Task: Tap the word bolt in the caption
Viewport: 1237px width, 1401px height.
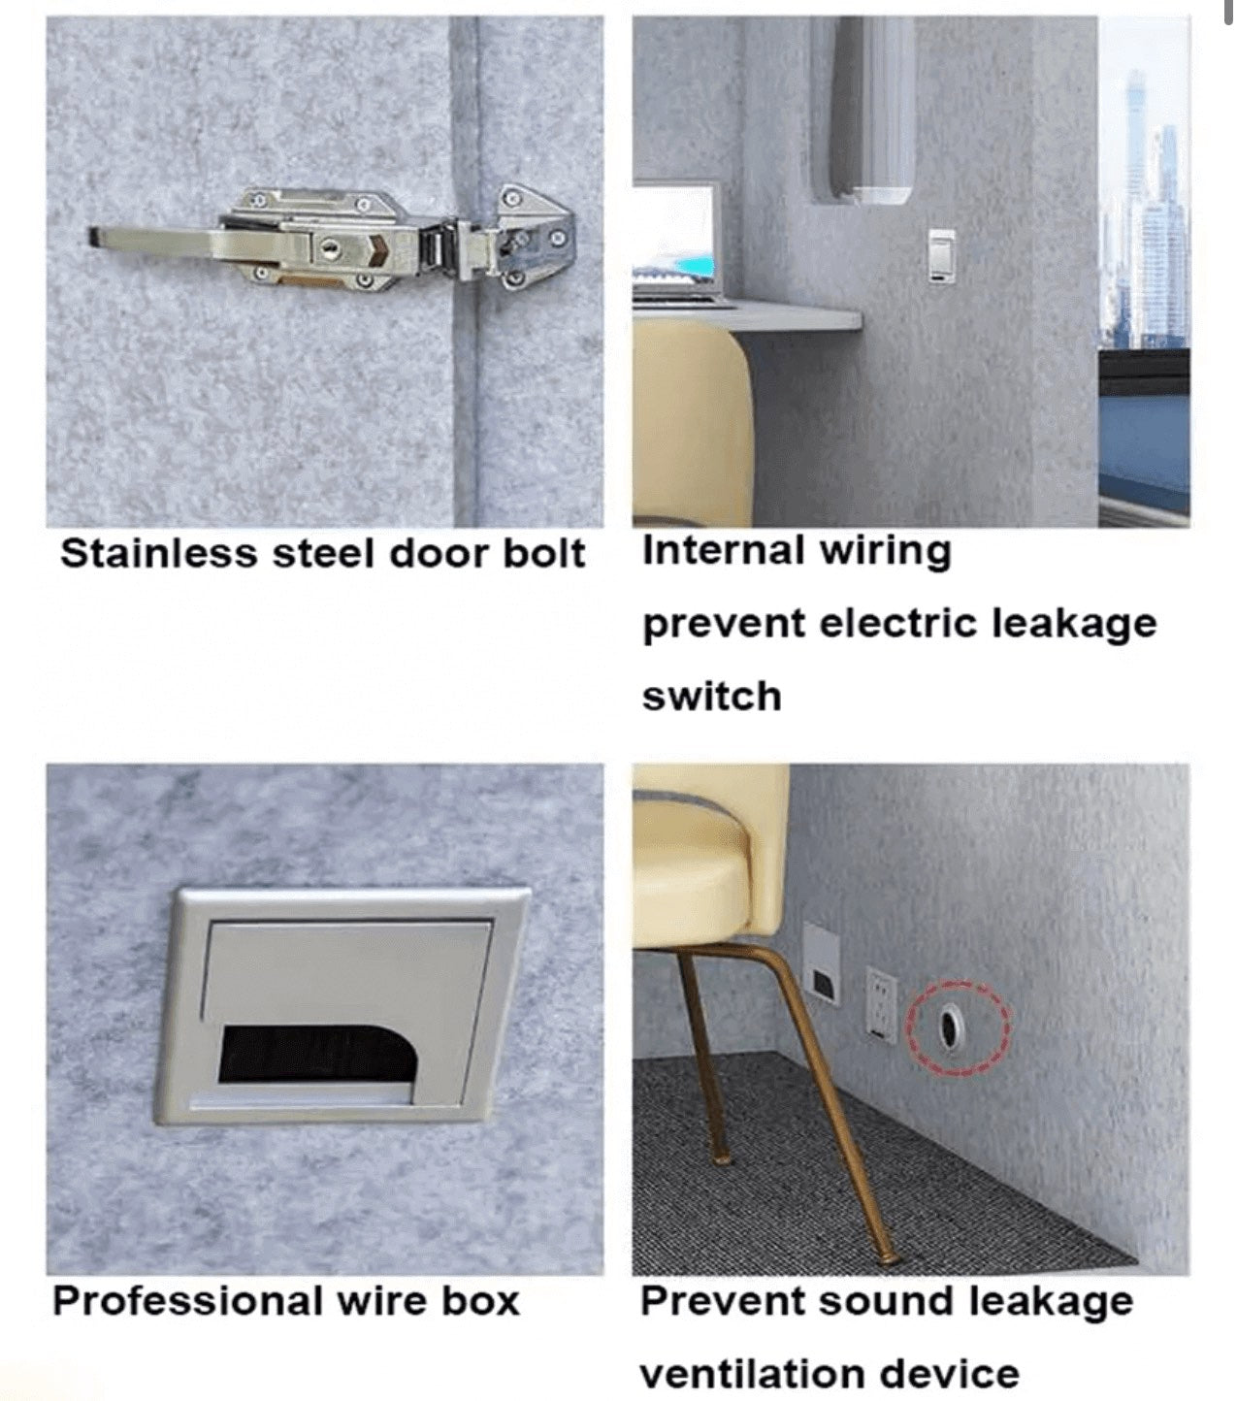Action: click(x=544, y=554)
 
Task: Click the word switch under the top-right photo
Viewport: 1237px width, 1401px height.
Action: click(x=711, y=697)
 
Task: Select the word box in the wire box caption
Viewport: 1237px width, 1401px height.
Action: click(x=481, y=1301)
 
